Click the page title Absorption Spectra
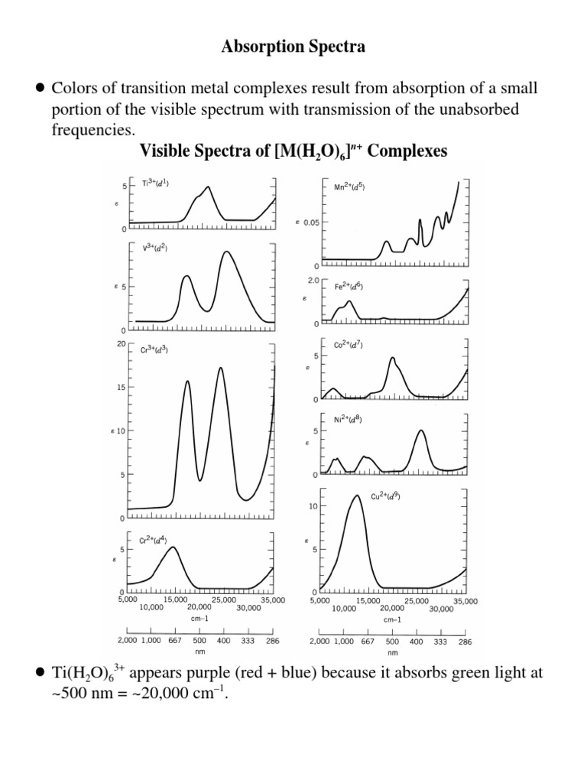(x=293, y=47)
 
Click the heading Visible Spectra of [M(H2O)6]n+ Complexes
(x=293, y=151)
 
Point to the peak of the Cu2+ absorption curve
(x=356, y=496)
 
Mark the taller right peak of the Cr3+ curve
(x=221, y=369)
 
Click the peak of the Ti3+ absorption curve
(x=207, y=187)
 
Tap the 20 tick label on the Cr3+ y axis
(x=121, y=344)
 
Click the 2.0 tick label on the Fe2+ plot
(x=312, y=281)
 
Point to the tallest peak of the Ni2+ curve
(x=420, y=431)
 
